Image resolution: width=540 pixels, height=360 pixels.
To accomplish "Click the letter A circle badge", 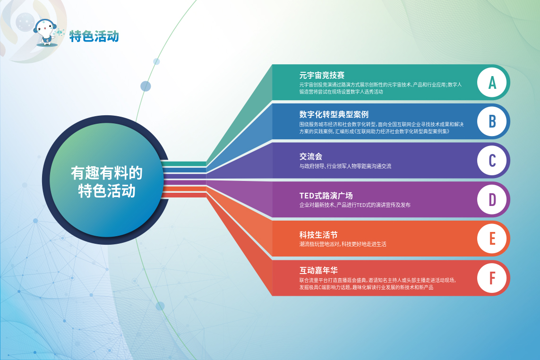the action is click(492, 83).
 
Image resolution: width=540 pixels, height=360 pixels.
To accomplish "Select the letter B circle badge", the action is click(492, 121).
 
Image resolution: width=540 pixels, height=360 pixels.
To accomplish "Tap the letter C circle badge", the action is click(492, 161).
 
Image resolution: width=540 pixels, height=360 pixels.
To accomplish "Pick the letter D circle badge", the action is click(492, 200).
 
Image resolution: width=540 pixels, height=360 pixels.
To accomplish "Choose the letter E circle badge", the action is click(492, 239).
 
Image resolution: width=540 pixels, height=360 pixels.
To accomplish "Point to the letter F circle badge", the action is click(492, 278).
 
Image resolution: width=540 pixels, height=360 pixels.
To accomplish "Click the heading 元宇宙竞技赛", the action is click(322, 75).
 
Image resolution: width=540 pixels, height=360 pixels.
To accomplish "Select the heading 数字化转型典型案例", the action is click(334, 114).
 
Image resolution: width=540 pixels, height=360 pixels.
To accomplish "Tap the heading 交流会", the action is click(311, 156).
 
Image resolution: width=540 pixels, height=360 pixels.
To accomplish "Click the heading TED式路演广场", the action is click(326, 196).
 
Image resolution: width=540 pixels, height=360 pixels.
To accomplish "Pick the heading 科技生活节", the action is click(318, 235).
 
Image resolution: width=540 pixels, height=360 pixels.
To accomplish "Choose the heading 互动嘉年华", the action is click(318, 270).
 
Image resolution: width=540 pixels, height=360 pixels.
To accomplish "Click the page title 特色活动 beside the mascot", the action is click(94, 36).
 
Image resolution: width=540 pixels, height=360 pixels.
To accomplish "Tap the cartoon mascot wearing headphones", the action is click(48, 33).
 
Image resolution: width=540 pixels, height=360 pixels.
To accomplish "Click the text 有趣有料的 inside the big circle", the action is click(107, 173).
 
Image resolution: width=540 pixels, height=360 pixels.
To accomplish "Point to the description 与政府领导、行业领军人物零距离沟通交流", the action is click(345, 166).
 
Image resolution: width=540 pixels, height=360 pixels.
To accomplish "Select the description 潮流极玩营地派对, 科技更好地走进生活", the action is click(343, 244).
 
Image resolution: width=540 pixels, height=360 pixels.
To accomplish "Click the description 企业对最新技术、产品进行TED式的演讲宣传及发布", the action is click(355, 205).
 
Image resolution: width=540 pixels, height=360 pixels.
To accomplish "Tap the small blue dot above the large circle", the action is click(146, 86).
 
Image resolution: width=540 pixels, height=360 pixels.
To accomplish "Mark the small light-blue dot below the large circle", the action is click(160, 306).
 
